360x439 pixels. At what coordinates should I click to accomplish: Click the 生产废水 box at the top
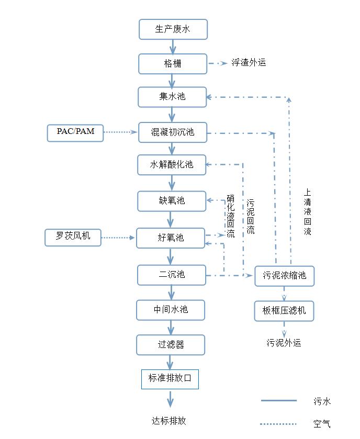pyautogui.click(x=173, y=29)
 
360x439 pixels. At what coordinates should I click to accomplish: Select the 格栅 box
pyautogui.click(x=173, y=64)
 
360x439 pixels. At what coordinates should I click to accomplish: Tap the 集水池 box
pyautogui.click(x=172, y=97)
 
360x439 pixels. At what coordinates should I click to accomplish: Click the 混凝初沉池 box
pyautogui.click(x=172, y=132)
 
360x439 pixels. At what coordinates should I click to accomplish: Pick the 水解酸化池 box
pyautogui.click(x=172, y=165)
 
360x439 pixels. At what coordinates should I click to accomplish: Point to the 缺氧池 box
pyautogui.click(x=172, y=201)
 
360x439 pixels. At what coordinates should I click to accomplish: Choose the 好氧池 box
pyautogui.click(x=171, y=238)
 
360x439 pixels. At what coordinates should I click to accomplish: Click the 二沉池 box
pyautogui.click(x=172, y=275)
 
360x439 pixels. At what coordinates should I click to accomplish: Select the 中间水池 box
pyautogui.click(x=171, y=310)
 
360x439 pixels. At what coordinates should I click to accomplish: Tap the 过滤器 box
pyautogui.click(x=171, y=345)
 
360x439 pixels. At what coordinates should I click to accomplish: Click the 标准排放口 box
pyautogui.click(x=170, y=378)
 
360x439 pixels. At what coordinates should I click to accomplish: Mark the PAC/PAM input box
pyautogui.click(x=76, y=132)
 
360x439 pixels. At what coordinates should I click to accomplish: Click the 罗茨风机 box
pyautogui.click(x=73, y=237)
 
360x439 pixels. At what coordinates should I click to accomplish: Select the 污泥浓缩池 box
pyautogui.click(x=285, y=276)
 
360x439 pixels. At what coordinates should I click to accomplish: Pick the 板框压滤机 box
pyautogui.click(x=284, y=311)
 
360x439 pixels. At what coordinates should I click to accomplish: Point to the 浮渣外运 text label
pyautogui.click(x=249, y=63)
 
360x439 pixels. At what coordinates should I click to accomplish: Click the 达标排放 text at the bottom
pyautogui.click(x=169, y=421)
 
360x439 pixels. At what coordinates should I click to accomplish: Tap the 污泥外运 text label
pyautogui.click(x=284, y=343)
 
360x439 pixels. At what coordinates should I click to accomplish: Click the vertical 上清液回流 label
pyautogui.click(x=308, y=212)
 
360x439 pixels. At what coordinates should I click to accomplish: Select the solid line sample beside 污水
pyautogui.click(x=279, y=401)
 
